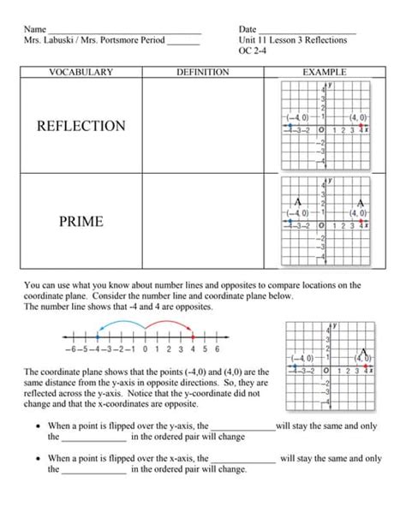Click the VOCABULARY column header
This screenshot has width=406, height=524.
(x=81, y=74)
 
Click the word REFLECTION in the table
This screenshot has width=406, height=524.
(x=81, y=126)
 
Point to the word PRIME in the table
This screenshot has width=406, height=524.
(x=81, y=222)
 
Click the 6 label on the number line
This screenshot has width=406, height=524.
(x=218, y=349)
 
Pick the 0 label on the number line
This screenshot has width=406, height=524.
(x=146, y=349)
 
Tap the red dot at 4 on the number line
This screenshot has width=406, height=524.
(x=194, y=336)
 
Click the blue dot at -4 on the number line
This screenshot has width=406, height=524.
(x=98, y=336)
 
